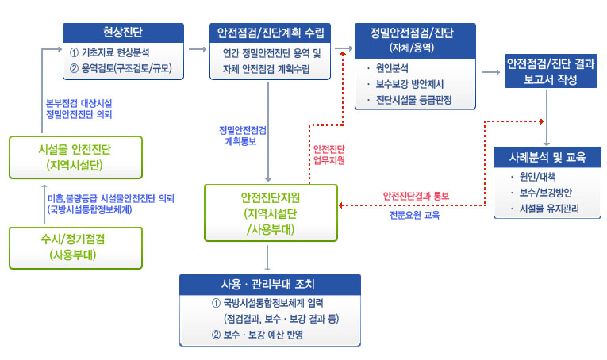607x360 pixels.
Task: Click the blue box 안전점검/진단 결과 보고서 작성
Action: (x=550, y=71)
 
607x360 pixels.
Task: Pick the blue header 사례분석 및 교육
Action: (x=547, y=158)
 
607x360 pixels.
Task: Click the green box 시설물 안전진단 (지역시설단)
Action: (x=75, y=156)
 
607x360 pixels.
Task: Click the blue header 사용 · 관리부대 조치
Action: (x=270, y=284)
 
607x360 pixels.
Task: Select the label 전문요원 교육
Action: (x=414, y=214)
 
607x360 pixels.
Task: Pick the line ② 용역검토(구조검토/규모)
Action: (x=121, y=68)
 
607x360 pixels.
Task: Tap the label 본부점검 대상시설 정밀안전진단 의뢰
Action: (x=79, y=108)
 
